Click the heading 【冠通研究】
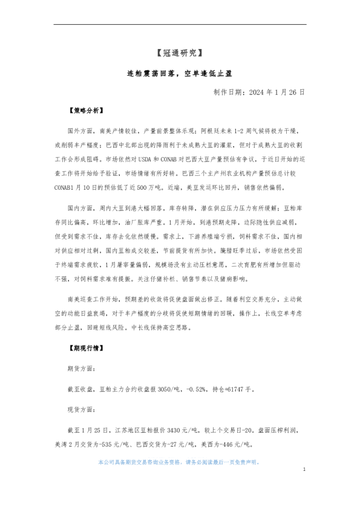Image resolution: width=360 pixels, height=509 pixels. pos(180,53)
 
